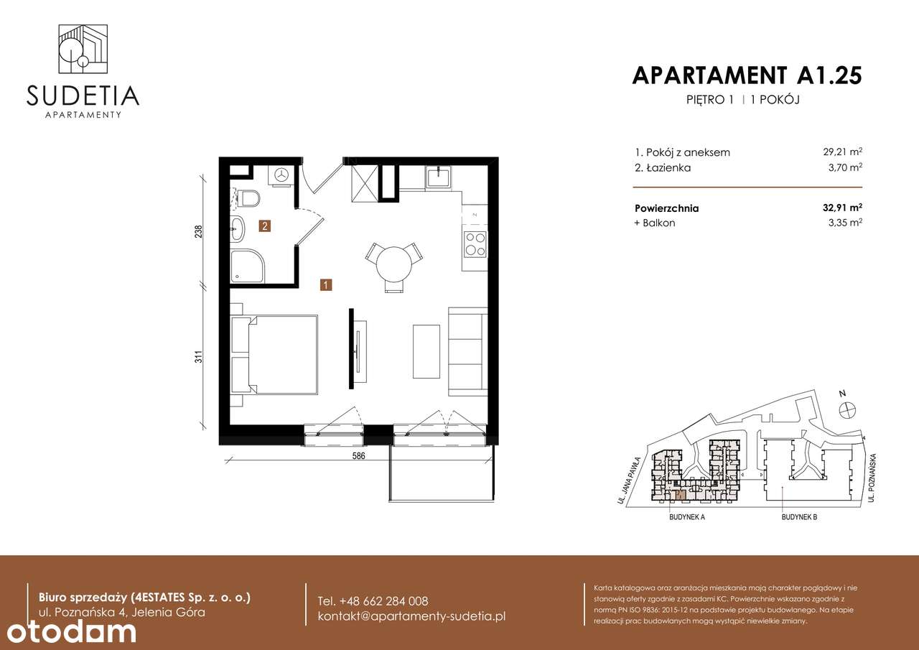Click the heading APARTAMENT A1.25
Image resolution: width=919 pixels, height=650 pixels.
(x=746, y=75)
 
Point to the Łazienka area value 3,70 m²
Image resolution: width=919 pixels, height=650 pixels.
(x=844, y=167)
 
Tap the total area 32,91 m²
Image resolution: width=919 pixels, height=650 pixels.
(x=842, y=208)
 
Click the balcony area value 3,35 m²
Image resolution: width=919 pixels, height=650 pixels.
(x=844, y=223)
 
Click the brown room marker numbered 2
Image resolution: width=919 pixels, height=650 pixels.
(x=265, y=227)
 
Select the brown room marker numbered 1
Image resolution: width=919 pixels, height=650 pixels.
(x=326, y=285)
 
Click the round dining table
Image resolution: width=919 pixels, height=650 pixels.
(x=393, y=264)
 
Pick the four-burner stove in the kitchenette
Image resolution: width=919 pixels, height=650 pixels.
(x=475, y=244)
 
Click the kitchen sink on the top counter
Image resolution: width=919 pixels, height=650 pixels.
(x=437, y=177)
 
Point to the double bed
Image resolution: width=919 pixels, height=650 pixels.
(x=276, y=354)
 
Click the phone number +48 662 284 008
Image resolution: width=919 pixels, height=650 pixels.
(x=373, y=601)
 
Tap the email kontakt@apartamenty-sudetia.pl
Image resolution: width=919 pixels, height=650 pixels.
(x=411, y=617)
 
